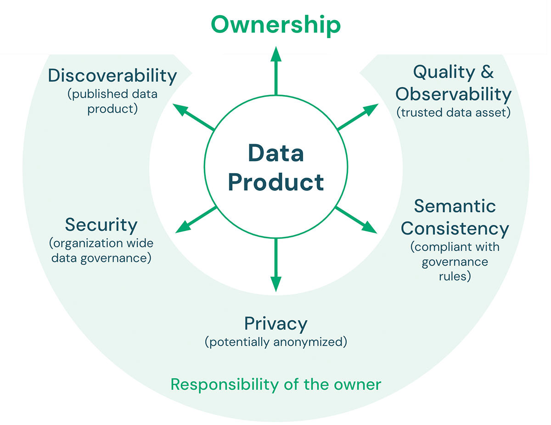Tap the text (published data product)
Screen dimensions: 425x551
[x=112, y=102]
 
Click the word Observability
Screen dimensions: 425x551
[x=454, y=94]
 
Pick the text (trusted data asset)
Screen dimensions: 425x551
[x=454, y=113]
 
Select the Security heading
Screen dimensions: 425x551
[x=101, y=225]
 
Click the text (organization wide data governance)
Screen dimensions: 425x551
[x=101, y=251]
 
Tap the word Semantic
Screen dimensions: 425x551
[x=455, y=206]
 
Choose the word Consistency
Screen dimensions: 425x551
[x=455, y=228]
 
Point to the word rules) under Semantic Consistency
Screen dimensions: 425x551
[x=455, y=276]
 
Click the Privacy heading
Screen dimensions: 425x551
[x=275, y=324]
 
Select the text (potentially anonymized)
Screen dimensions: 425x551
[x=275, y=342]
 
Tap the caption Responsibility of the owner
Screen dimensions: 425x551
[x=275, y=384]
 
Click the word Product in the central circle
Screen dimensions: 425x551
[x=276, y=182]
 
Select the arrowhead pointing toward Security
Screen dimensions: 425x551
[x=183, y=227]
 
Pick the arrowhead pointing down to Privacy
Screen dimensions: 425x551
[x=275, y=284]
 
